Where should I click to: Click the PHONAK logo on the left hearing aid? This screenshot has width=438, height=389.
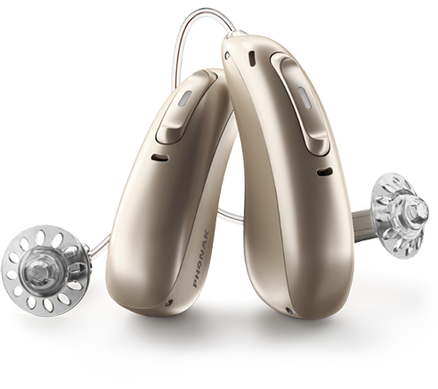(201, 259)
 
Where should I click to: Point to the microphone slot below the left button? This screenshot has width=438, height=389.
(160, 158)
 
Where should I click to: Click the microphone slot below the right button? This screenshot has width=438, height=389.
(324, 172)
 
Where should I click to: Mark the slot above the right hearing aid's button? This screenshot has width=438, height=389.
(252, 58)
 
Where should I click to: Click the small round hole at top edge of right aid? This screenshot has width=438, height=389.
(228, 55)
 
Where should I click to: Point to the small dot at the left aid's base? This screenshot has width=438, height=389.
(169, 303)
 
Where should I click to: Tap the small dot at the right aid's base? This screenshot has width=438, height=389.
(287, 310)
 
